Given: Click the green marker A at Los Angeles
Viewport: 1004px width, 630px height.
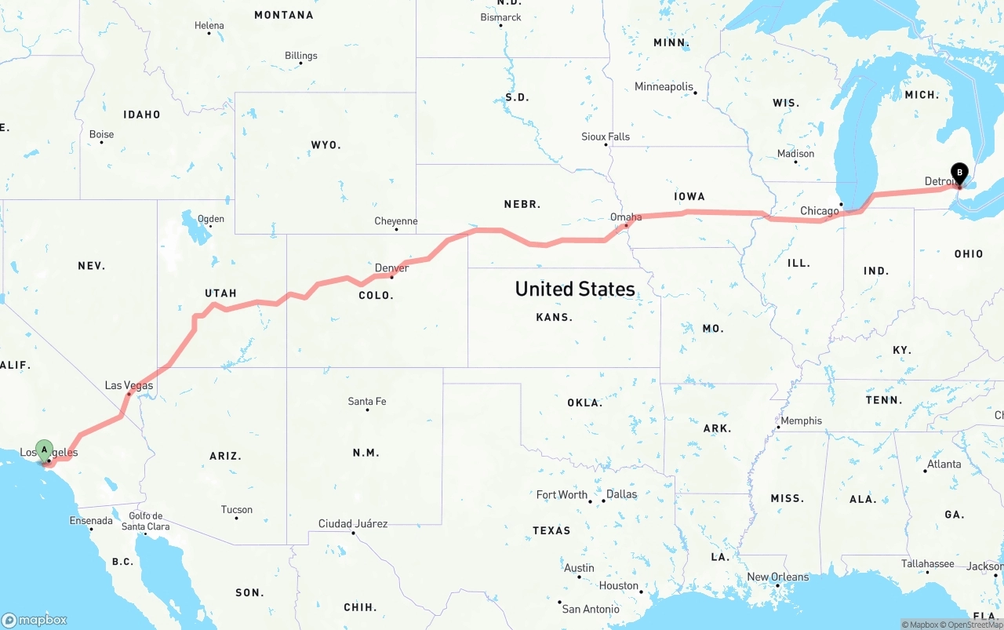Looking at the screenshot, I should point(45,450).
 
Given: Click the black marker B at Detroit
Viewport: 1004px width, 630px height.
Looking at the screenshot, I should point(959,173).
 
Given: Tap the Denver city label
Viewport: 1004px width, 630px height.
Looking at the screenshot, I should point(391,268).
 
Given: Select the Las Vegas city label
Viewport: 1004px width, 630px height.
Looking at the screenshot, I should point(129,385).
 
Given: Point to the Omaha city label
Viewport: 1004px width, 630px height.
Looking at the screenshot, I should point(626,217).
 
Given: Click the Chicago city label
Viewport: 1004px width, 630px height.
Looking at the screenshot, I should point(819,211).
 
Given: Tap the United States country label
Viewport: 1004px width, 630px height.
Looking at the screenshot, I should point(575,289).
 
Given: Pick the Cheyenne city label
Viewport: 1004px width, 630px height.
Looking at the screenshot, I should point(396,221).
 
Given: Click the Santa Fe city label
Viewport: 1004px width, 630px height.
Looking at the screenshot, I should point(367,402).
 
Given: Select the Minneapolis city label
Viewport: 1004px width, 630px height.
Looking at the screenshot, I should point(664,86).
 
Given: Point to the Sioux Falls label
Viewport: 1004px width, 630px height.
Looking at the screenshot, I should point(606,137).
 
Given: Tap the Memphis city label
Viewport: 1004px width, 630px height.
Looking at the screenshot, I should point(801,421).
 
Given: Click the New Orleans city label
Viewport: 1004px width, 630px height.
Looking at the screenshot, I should point(777,577).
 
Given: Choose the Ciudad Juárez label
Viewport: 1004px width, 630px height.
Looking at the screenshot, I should point(352,523).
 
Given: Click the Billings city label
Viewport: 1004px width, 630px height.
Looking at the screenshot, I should point(301,56).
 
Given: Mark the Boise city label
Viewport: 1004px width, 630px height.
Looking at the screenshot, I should point(101,134).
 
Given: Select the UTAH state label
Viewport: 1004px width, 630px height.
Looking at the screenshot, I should point(220,293).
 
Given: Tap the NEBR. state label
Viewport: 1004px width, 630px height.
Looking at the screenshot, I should point(522,204).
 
